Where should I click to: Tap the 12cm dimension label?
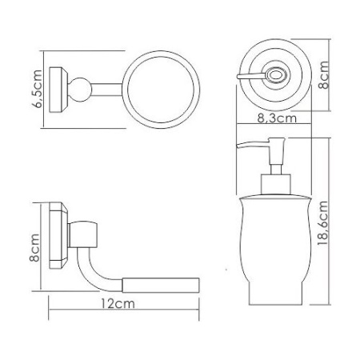click(x=117, y=304)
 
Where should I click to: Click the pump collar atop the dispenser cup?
click(x=273, y=187)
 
